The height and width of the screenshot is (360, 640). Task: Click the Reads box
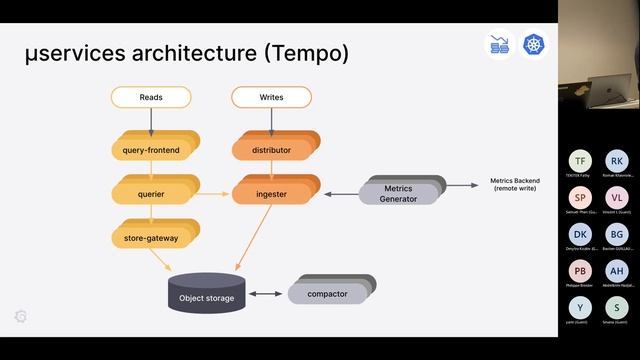click(151, 97)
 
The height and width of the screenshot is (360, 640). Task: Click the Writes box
click(271, 97)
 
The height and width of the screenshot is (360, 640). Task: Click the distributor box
click(270, 150)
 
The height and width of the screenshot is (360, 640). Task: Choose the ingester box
click(270, 193)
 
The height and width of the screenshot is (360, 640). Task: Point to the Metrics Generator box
click(397, 193)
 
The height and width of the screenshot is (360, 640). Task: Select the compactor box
click(326, 294)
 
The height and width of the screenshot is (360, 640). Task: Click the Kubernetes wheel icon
click(535, 45)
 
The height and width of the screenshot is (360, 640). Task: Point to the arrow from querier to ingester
click(210, 193)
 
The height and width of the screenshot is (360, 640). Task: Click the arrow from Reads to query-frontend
click(151, 120)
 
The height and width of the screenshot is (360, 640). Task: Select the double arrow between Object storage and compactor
click(266, 294)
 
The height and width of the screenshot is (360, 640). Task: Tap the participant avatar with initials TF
click(580, 161)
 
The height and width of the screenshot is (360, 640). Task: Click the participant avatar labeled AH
click(617, 270)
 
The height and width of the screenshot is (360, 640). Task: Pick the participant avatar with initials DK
click(580, 233)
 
